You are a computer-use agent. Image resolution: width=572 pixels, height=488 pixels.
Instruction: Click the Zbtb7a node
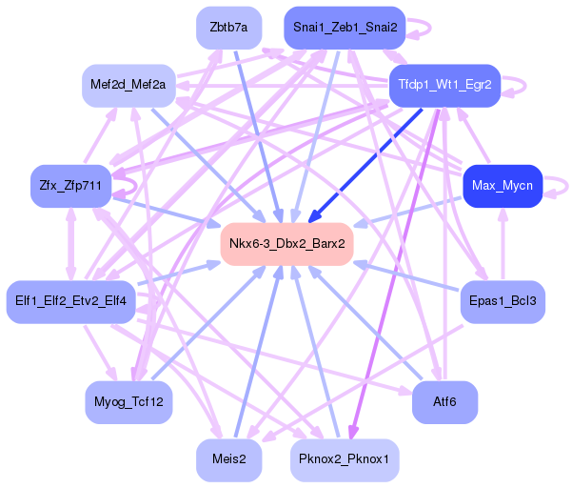coord(228,28)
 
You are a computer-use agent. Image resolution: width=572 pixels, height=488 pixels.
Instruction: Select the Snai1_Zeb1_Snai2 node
coord(345,28)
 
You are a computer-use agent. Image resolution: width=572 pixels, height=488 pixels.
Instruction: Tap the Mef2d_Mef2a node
coord(128,86)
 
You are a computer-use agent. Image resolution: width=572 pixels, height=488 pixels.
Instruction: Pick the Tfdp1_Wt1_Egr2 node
coord(444,86)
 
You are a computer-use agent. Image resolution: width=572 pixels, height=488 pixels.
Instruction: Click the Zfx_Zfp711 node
coord(70,186)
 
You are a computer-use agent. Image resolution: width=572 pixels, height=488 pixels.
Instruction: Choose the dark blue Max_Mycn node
coord(503,186)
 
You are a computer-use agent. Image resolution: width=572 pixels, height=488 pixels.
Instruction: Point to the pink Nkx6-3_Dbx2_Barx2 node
coord(286,244)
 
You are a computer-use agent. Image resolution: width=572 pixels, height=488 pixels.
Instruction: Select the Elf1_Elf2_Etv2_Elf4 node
coord(70,302)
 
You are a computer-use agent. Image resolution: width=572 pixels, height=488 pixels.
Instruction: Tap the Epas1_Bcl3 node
coord(503,302)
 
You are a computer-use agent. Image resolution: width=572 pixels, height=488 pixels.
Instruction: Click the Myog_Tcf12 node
coord(128,402)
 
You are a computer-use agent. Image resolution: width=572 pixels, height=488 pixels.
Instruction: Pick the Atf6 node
coord(444,402)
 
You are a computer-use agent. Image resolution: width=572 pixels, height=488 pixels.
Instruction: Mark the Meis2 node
coord(228,459)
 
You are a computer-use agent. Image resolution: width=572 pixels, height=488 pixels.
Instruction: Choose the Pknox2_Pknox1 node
coord(345,459)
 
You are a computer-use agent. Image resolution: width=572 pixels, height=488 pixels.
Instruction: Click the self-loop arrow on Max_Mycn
coord(567,186)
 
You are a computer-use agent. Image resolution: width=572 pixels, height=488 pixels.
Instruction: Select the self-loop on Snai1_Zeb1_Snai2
coord(430,28)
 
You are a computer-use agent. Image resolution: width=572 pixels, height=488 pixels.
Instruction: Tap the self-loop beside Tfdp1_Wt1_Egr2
coord(525,86)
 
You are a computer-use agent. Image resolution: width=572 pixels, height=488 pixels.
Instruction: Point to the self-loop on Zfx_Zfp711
coord(136,186)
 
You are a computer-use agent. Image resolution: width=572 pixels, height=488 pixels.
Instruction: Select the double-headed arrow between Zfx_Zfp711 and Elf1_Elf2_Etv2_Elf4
coord(70,244)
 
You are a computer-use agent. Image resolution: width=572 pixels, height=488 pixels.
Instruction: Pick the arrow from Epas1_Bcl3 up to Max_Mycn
coord(503,244)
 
